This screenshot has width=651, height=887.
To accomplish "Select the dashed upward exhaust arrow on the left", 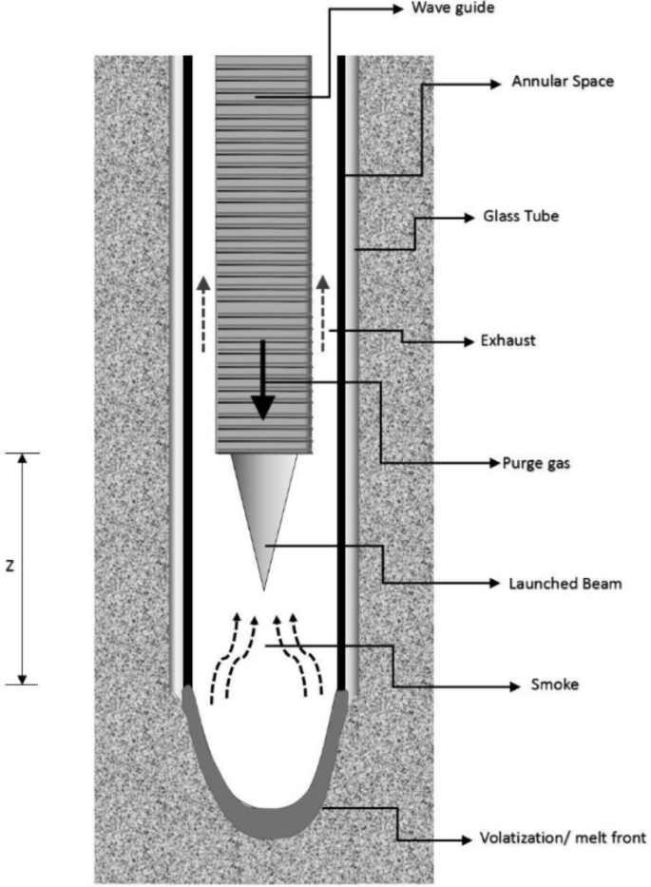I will (x=202, y=314).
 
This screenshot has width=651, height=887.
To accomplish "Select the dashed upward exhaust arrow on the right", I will (x=322, y=314).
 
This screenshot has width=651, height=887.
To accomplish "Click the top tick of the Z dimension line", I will (x=23, y=453).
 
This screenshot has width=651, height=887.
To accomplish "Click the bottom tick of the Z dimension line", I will (x=23, y=684).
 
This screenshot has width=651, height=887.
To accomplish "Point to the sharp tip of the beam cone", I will (x=262, y=588).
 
